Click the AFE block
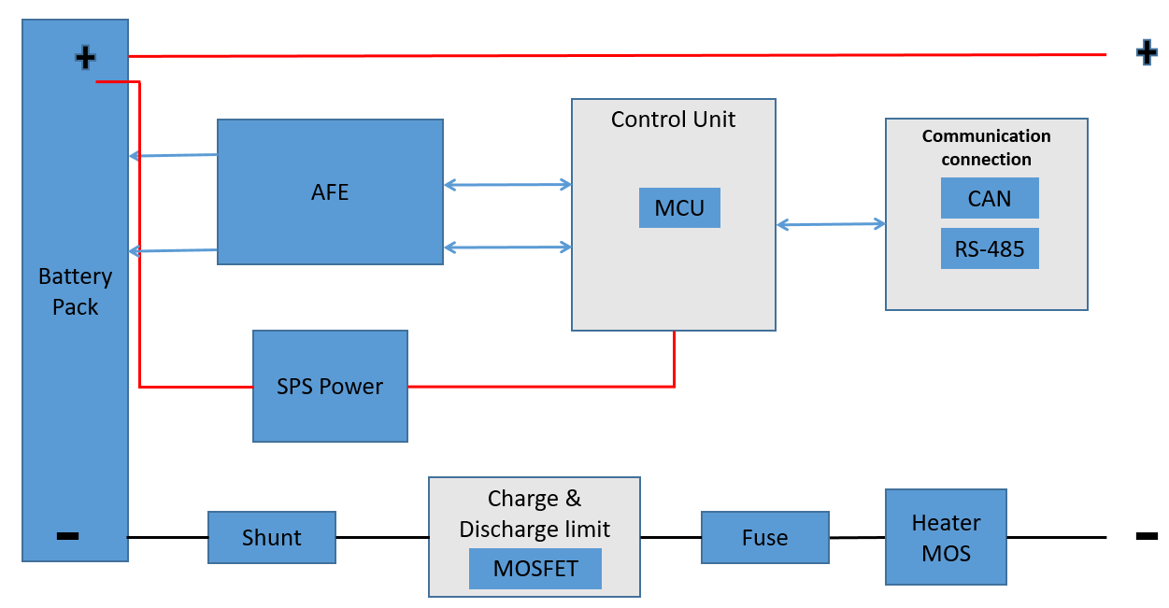(x=330, y=191)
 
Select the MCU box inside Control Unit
(x=679, y=207)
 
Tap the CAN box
(x=990, y=199)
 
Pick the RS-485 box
(x=990, y=248)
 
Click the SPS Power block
(x=330, y=386)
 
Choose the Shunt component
(x=271, y=537)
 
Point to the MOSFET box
(x=535, y=569)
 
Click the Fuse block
(x=764, y=537)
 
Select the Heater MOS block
(x=946, y=537)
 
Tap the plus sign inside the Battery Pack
(x=85, y=58)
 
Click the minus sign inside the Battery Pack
(x=67, y=536)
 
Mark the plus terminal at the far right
(x=1146, y=53)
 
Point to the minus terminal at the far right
(x=1147, y=536)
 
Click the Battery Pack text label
(x=75, y=291)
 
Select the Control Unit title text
(x=673, y=120)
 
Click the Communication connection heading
(x=986, y=148)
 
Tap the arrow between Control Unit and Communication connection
(x=831, y=224)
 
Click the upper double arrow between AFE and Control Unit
(x=507, y=185)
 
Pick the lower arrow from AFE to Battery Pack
(x=173, y=250)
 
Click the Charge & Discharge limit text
(x=535, y=514)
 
